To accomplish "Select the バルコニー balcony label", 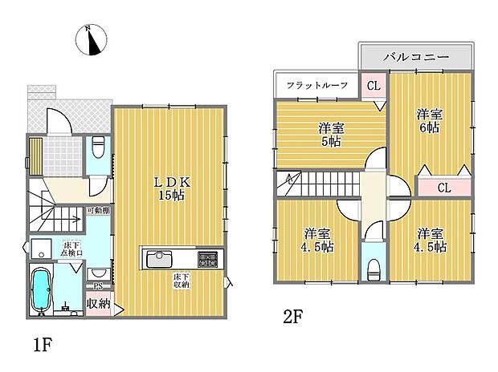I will [x=414, y=57].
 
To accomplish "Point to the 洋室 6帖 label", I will [x=429, y=120].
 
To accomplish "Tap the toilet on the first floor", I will [x=98, y=147].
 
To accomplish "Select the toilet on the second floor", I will [x=370, y=269].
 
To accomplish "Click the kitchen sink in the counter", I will [x=157, y=259].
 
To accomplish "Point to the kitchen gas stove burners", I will [x=207, y=258].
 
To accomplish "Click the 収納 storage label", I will [x=99, y=304].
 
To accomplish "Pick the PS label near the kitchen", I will [x=98, y=285].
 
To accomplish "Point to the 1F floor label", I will [x=42, y=346].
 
